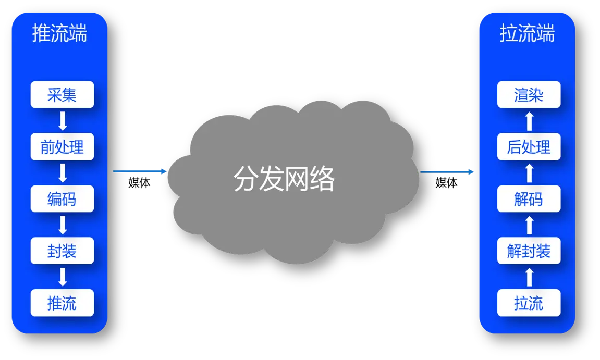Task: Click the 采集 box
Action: [x=62, y=95]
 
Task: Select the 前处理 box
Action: [x=62, y=147]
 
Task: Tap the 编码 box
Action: [x=62, y=199]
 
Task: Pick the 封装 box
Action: [x=62, y=251]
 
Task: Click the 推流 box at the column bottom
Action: [x=62, y=303]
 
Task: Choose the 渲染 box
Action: [x=529, y=95]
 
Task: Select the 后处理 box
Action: [x=529, y=147]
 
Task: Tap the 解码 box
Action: [x=529, y=199]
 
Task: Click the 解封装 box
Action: [x=529, y=251]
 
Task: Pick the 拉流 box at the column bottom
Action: [x=529, y=303]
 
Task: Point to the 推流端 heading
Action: [x=59, y=33]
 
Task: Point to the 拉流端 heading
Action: [x=527, y=33]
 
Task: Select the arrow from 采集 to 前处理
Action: [x=63, y=121]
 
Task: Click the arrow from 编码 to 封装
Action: [x=63, y=225]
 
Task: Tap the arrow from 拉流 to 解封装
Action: [x=529, y=277]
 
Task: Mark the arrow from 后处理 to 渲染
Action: [x=529, y=121]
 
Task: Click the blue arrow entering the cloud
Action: [x=140, y=171]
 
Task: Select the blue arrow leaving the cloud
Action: [x=447, y=171]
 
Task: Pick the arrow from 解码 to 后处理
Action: [x=529, y=173]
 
